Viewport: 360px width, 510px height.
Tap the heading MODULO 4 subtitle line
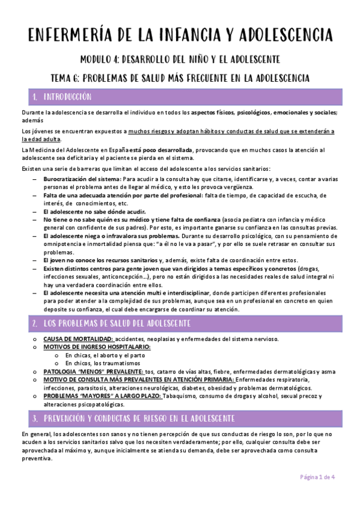[x=180, y=60]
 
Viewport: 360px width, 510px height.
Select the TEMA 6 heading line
[x=180, y=78]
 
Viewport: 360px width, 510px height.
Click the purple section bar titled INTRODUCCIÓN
[x=180, y=96]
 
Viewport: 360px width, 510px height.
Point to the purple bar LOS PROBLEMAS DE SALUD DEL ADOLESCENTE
[x=180, y=324]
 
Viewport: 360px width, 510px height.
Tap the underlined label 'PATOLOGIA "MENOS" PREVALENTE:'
[x=93, y=371]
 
